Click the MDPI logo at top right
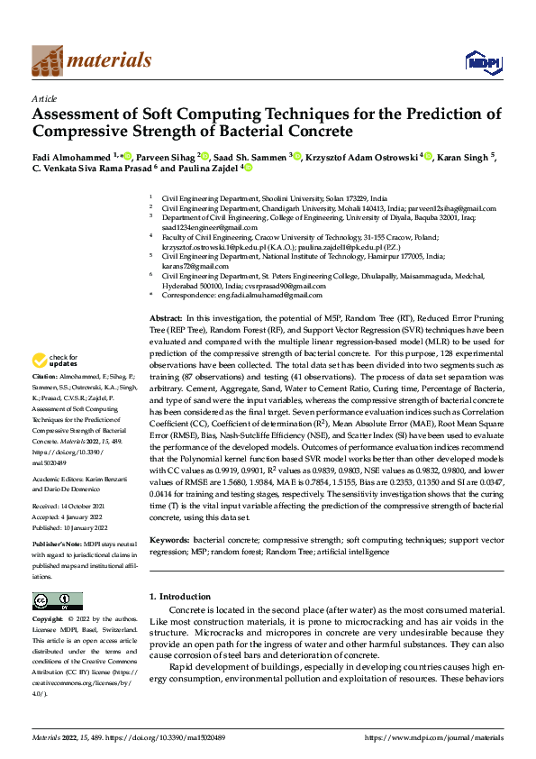tap(485, 61)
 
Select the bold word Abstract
tap(165, 319)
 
